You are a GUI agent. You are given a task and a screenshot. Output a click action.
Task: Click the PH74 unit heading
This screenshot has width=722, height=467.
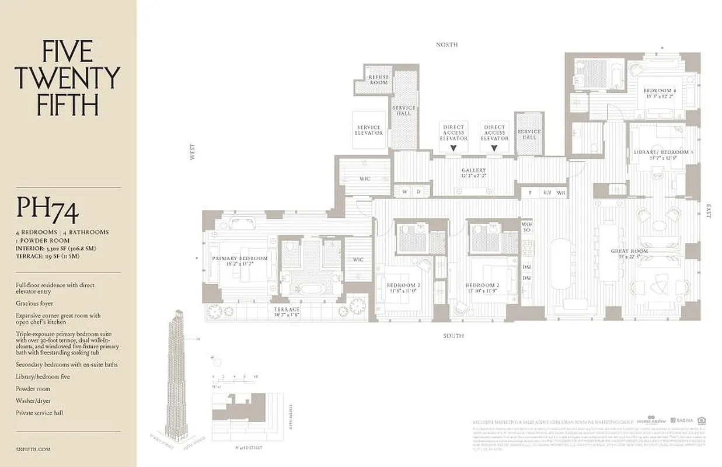47,210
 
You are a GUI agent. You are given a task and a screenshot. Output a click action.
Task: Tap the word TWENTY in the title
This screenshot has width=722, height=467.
67,78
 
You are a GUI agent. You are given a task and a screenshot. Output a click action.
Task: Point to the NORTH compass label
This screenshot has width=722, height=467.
447,44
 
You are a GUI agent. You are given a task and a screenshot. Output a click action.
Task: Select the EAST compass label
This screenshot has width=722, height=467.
709,211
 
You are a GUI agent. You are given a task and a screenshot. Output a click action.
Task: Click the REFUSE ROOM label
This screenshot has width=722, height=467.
378,80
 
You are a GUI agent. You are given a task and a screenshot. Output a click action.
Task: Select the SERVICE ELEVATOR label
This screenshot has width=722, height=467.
369,130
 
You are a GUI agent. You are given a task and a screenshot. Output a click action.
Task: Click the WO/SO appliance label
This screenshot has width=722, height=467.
526,226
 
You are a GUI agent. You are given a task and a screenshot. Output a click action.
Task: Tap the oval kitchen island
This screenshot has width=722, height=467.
562,263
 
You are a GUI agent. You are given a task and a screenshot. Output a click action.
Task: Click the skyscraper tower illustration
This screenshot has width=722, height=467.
177,374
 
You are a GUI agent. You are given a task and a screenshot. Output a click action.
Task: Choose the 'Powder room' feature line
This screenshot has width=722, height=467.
33,389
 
